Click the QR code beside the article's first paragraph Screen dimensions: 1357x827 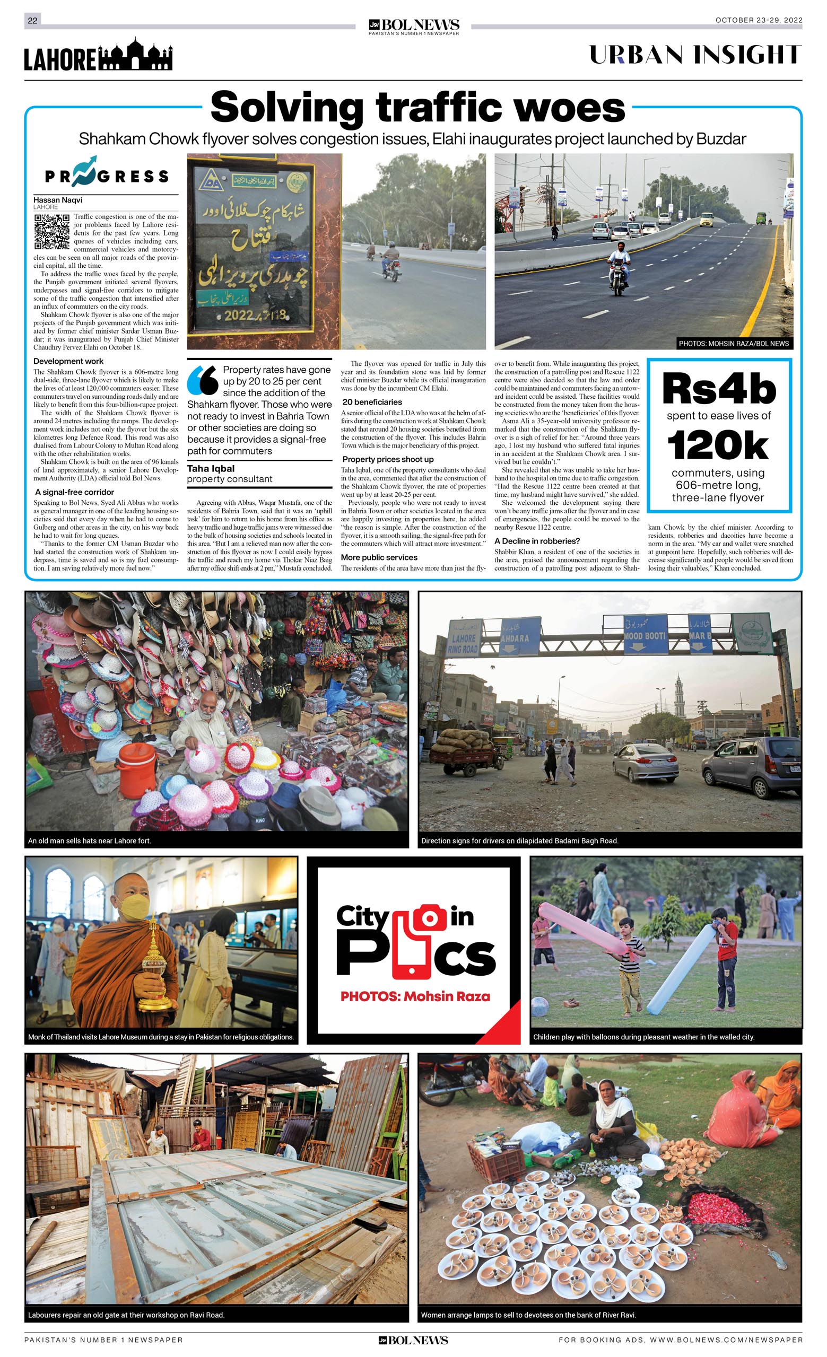(x=52, y=232)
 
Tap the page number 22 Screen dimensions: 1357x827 (x=32, y=20)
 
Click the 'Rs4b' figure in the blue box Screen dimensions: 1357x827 (x=718, y=389)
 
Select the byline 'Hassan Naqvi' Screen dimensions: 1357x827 (x=58, y=200)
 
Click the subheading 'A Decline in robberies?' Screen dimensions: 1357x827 (x=537, y=541)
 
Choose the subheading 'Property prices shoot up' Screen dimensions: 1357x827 (x=388, y=459)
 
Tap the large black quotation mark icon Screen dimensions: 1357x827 (x=202, y=380)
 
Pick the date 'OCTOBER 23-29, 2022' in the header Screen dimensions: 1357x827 (x=758, y=20)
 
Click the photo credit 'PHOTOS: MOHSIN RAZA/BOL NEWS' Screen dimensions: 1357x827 (x=733, y=344)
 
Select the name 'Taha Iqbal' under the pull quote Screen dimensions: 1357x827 (x=211, y=469)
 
